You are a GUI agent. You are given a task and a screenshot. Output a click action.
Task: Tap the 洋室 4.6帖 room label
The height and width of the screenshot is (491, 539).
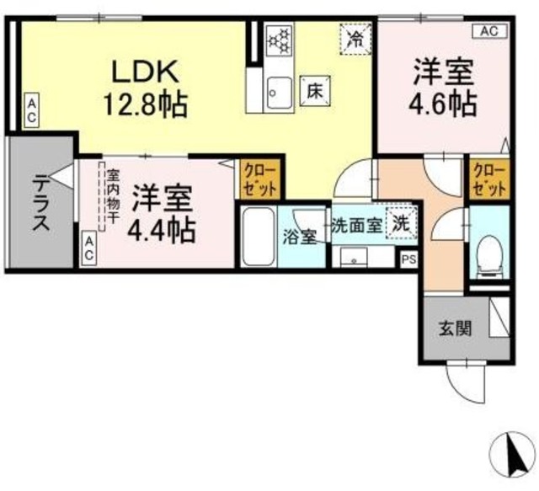coord(444,87)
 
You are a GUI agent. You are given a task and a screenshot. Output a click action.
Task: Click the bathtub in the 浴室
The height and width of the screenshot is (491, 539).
coord(259,237)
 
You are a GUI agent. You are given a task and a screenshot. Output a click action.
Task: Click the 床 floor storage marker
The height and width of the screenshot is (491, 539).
coord(312,88)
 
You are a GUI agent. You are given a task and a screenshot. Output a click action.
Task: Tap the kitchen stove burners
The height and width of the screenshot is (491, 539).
coord(278,40)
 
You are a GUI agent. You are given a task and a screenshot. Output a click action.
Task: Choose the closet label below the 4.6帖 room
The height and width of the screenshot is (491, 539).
coord(489,179)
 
